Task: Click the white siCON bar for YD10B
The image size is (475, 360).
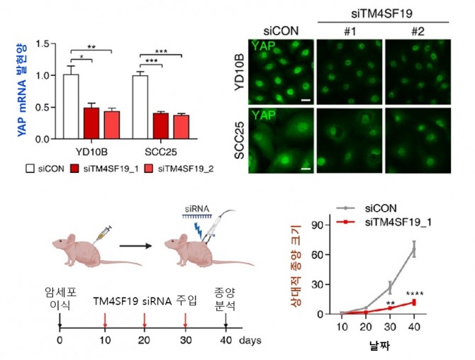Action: click(x=70, y=106)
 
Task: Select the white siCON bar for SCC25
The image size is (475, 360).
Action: click(x=140, y=107)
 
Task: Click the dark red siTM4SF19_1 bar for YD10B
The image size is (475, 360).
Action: click(x=91, y=123)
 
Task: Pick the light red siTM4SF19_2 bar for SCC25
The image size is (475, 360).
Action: click(x=181, y=127)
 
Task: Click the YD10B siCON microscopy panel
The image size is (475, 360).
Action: click(x=281, y=72)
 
